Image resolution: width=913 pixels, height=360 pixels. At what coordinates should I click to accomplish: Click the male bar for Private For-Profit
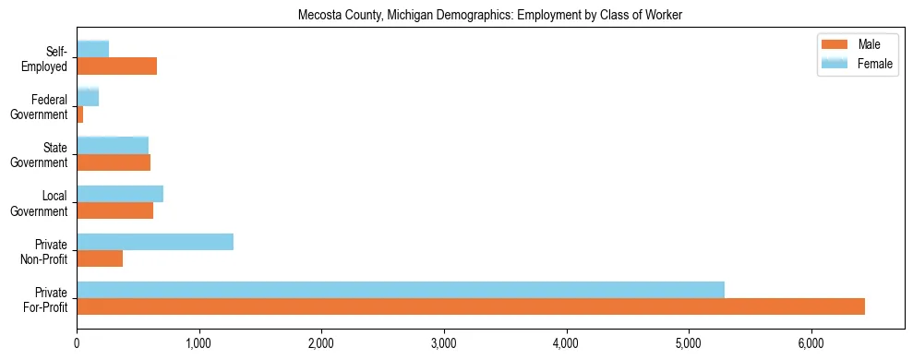(x=471, y=306)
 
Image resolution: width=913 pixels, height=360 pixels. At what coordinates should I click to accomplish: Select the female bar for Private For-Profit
(x=401, y=290)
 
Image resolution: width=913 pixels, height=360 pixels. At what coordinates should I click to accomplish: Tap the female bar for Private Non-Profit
(x=155, y=242)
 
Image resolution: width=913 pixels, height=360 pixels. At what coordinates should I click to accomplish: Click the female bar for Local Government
(x=120, y=194)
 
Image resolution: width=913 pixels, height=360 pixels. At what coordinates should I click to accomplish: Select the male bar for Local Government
(x=115, y=210)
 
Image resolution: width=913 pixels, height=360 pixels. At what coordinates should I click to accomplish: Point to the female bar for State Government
(x=113, y=146)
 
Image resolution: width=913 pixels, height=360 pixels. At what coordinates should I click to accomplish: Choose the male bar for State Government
(x=114, y=162)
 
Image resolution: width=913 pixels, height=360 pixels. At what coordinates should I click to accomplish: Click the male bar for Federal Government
(x=80, y=114)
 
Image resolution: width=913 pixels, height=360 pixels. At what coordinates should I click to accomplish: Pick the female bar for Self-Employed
(x=93, y=49)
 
